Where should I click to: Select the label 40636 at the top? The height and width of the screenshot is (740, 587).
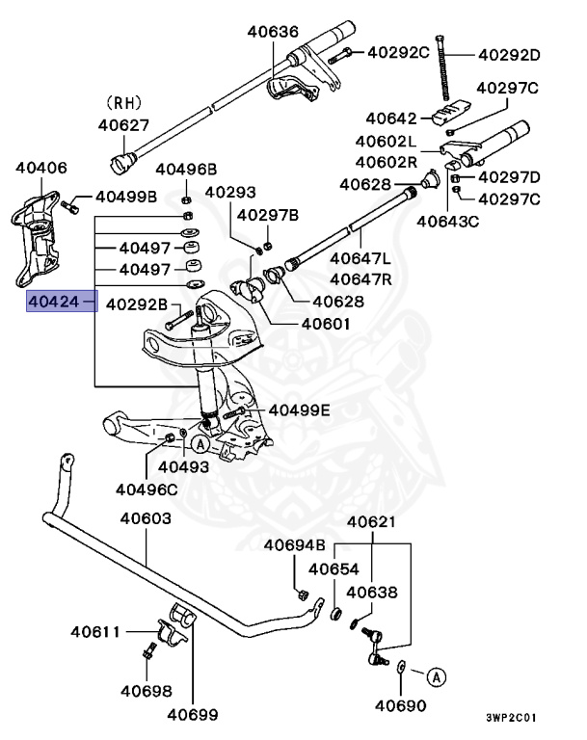click(x=273, y=31)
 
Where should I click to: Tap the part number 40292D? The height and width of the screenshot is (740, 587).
click(x=510, y=54)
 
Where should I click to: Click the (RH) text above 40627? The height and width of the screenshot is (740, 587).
click(x=123, y=101)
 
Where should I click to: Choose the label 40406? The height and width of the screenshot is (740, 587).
click(x=41, y=168)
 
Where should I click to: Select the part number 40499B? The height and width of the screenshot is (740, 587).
click(x=126, y=198)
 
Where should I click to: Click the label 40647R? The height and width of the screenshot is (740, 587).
click(x=360, y=278)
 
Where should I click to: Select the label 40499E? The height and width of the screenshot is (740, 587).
click(x=299, y=410)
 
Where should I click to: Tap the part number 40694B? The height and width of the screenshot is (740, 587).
click(x=295, y=545)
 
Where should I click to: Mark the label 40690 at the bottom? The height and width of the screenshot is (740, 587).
click(x=400, y=705)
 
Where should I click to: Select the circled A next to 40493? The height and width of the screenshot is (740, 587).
click(x=199, y=444)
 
